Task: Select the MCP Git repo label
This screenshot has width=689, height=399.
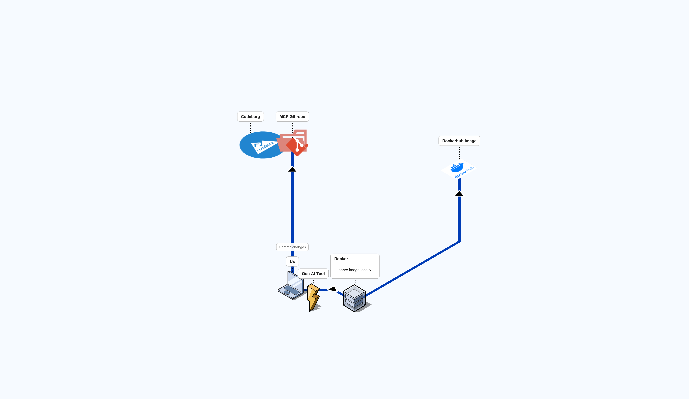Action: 292,117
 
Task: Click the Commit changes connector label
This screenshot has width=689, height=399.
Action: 292,247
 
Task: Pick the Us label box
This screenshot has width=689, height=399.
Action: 292,261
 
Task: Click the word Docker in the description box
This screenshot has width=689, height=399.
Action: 341,259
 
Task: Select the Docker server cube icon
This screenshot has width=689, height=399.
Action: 354,298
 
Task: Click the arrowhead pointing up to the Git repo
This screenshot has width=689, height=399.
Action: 292,169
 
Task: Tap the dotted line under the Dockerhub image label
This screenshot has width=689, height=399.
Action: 459,152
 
